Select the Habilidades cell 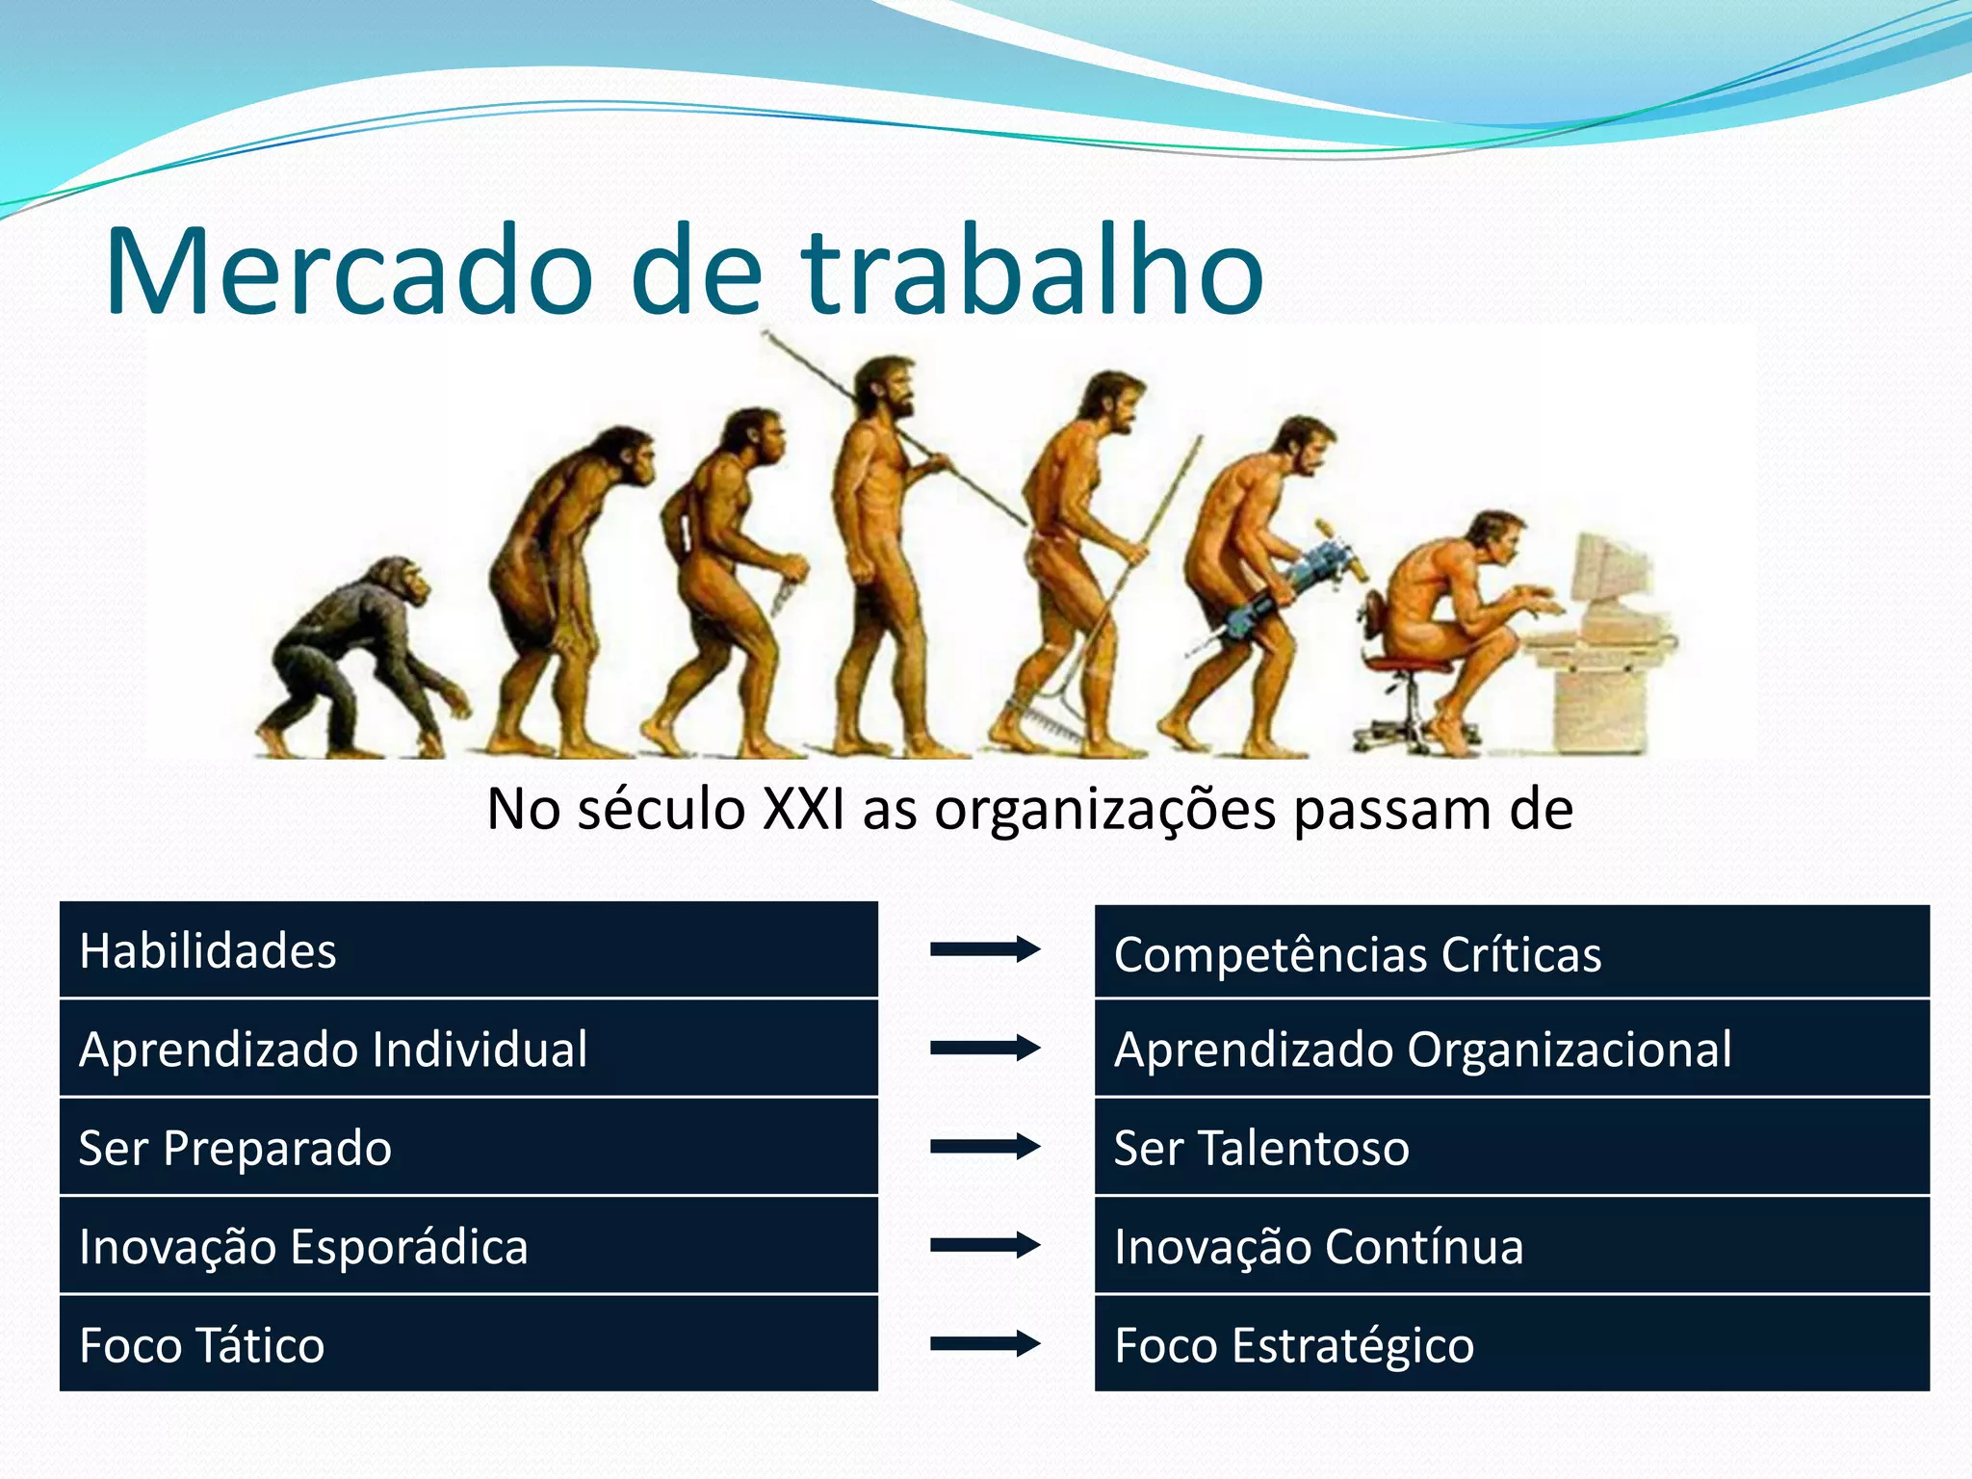pos(468,950)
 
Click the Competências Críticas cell pos(1512,953)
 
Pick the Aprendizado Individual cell pos(468,1049)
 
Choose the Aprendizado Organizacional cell pos(1512,1049)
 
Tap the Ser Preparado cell pos(468,1148)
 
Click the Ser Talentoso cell pos(1512,1148)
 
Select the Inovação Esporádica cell pos(468,1246)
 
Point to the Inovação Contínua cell pos(1512,1246)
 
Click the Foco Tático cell pos(468,1344)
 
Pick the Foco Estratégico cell pos(1512,1344)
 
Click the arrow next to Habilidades pos(984,949)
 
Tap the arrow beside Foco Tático pos(984,1343)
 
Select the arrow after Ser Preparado pos(984,1147)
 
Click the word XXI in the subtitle pos(803,809)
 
